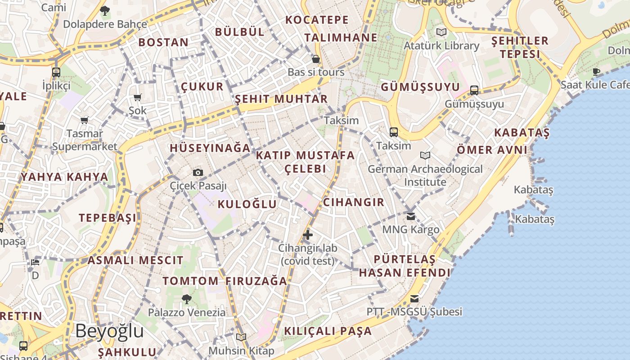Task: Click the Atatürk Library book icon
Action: [x=441, y=32]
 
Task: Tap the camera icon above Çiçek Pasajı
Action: [x=198, y=172]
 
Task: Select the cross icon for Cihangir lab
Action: [x=308, y=234]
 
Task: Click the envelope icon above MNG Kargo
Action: [x=411, y=216]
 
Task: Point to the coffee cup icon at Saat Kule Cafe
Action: [x=597, y=72]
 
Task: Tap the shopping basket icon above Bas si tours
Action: [x=316, y=59]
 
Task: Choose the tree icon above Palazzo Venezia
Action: [x=186, y=299]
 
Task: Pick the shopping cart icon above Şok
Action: [x=138, y=97]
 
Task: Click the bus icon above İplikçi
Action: [x=56, y=72]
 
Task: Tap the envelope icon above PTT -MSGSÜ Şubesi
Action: [x=414, y=299]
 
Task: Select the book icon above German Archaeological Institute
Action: [x=425, y=156]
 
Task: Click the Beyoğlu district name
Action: [x=109, y=331]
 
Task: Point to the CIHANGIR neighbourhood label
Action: [x=354, y=202]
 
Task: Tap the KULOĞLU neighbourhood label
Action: [x=247, y=204]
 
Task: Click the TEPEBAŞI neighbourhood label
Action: [x=108, y=218]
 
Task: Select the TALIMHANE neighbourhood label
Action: [x=341, y=37]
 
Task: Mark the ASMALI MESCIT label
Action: [x=135, y=260]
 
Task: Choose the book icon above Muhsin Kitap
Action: [x=241, y=337]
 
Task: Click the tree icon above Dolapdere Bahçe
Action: [x=105, y=10]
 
